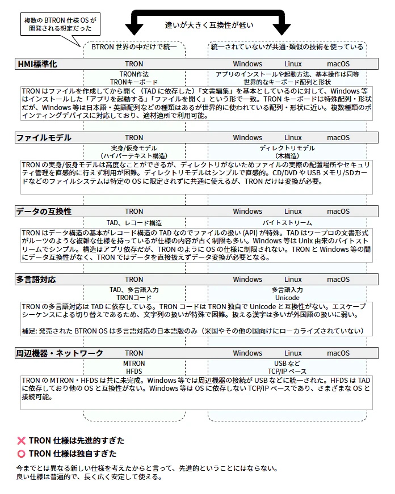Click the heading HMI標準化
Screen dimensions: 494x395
(37, 64)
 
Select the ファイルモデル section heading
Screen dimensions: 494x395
(44, 138)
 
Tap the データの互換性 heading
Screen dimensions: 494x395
(44, 212)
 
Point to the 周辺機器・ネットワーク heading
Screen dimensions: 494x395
(60, 353)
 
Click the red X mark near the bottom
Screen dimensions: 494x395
(22, 441)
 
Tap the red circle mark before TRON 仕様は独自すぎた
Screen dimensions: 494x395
(22, 454)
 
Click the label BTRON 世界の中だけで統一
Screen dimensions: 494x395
(135, 47)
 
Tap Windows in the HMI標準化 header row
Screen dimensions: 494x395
(247, 64)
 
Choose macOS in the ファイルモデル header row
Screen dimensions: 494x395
(338, 138)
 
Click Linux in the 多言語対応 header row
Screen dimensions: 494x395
(293, 279)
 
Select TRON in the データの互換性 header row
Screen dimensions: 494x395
(135, 212)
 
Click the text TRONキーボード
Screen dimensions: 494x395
(134, 82)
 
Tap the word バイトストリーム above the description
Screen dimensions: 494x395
(287, 223)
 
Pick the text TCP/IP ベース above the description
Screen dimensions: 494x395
(287, 371)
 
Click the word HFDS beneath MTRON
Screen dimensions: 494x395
(134, 371)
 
